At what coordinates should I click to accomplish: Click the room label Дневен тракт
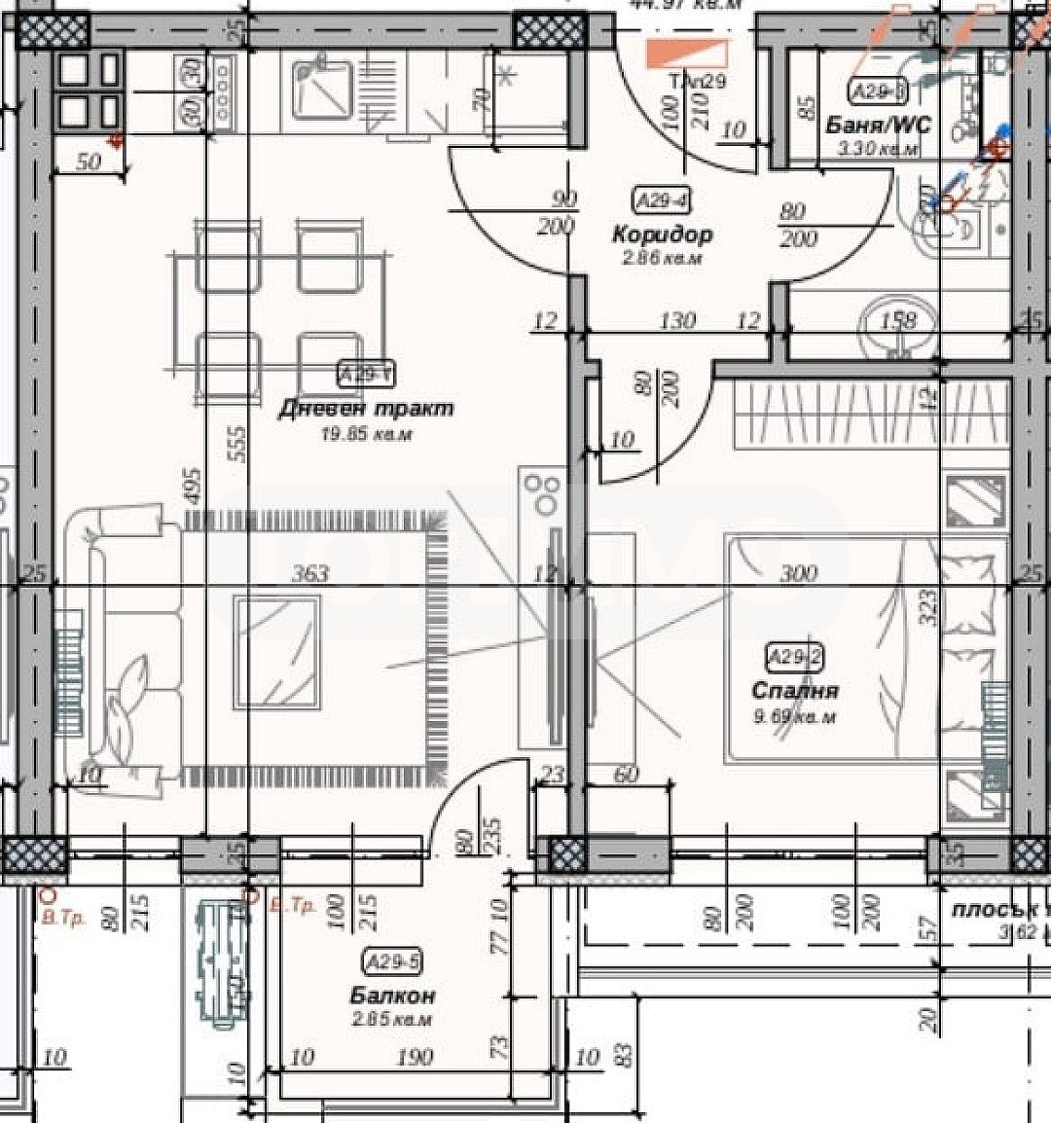pyautogui.click(x=366, y=409)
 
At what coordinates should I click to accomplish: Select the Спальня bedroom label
pyautogui.click(x=795, y=691)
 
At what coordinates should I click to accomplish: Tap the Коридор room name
pyautogui.click(x=662, y=235)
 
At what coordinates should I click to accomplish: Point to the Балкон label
pyautogui.click(x=392, y=996)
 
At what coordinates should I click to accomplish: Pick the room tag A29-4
pyautogui.click(x=662, y=201)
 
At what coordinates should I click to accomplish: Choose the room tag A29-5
pyautogui.click(x=392, y=962)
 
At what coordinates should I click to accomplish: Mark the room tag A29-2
pyautogui.click(x=795, y=658)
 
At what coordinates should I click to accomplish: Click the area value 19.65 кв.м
pyautogui.click(x=366, y=435)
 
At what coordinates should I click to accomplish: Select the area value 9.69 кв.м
pyautogui.click(x=795, y=717)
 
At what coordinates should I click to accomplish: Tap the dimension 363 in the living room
pyautogui.click(x=310, y=574)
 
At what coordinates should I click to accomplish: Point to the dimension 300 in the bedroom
pyautogui.click(x=798, y=574)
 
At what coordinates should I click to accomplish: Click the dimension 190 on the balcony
pyautogui.click(x=415, y=1058)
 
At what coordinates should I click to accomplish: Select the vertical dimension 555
pyautogui.click(x=239, y=443)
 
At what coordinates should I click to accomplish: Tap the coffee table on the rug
pyautogui.click(x=276, y=653)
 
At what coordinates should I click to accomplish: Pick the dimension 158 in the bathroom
pyautogui.click(x=898, y=319)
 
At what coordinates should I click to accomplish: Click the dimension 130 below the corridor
pyautogui.click(x=677, y=319)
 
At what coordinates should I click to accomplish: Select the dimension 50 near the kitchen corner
pyautogui.click(x=89, y=162)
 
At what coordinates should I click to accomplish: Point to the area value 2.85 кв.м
pyautogui.click(x=392, y=1020)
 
